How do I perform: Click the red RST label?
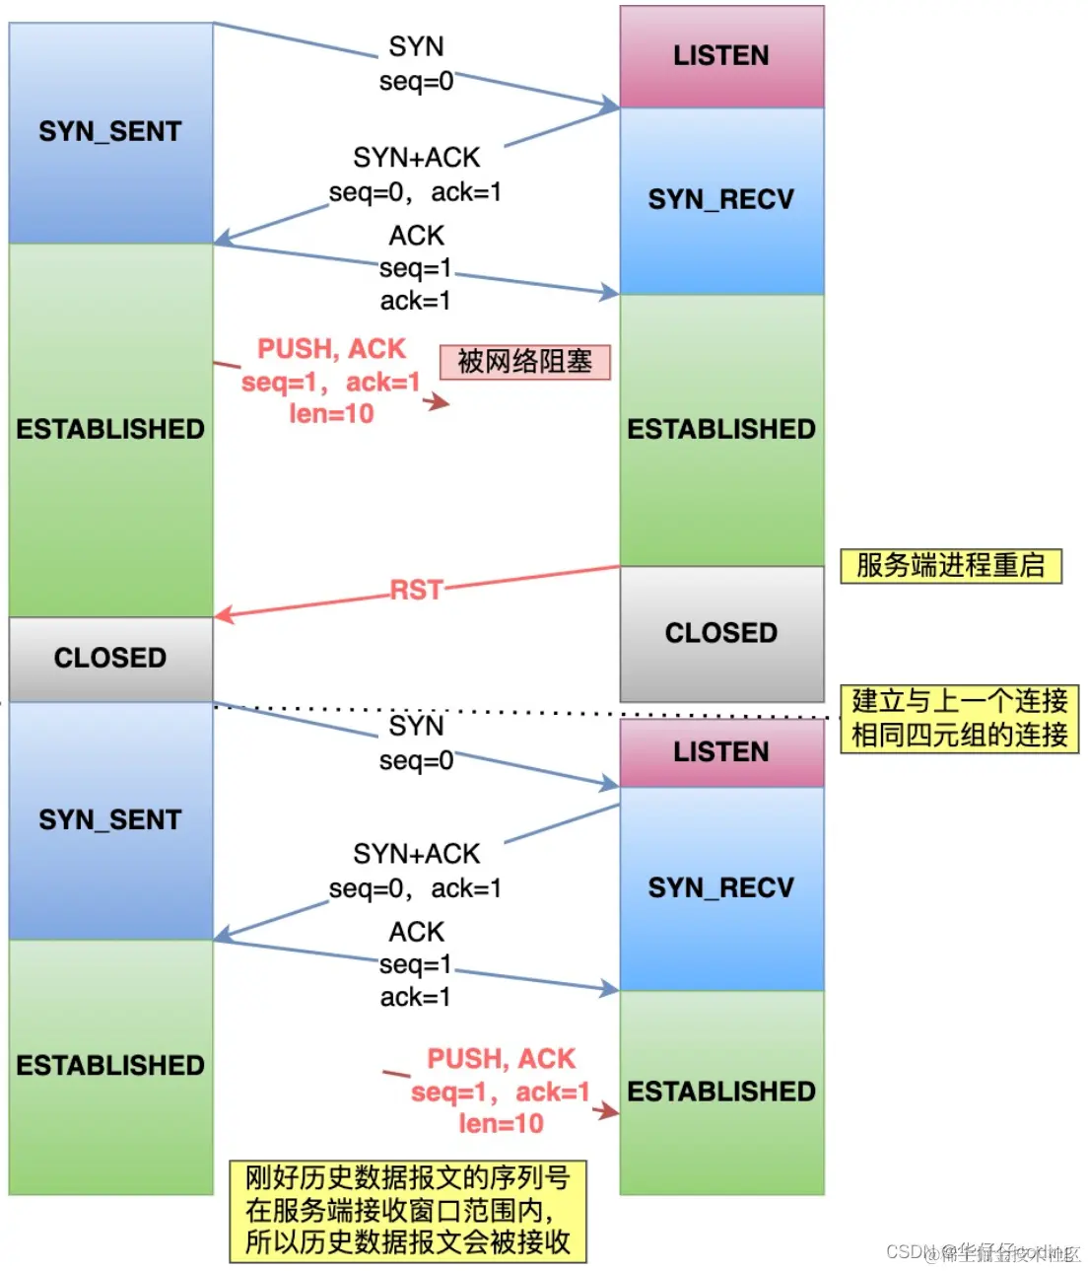tap(416, 590)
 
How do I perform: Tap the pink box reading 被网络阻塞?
tap(524, 362)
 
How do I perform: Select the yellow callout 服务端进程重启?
tap(950, 566)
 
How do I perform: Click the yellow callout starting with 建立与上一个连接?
tap(959, 719)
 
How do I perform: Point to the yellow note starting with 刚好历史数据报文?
tap(408, 1211)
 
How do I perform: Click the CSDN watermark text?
tap(983, 1252)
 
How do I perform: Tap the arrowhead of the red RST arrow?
tap(222, 616)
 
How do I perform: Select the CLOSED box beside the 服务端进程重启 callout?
tap(721, 633)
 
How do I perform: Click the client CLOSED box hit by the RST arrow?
tap(110, 658)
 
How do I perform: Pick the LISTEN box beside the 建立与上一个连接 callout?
tap(721, 752)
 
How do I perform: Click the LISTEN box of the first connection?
tap(721, 56)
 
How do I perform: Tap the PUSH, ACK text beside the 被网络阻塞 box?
tap(331, 349)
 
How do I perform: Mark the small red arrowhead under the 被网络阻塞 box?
tap(440, 401)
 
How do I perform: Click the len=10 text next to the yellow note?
tap(501, 1123)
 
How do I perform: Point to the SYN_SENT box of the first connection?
tap(110, 132)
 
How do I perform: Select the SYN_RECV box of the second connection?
tap(721, 887)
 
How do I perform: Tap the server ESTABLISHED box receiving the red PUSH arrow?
tap(721, 1092)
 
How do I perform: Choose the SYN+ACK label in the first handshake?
tap(416, 158)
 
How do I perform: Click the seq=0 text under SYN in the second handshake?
tap(416, 760)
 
